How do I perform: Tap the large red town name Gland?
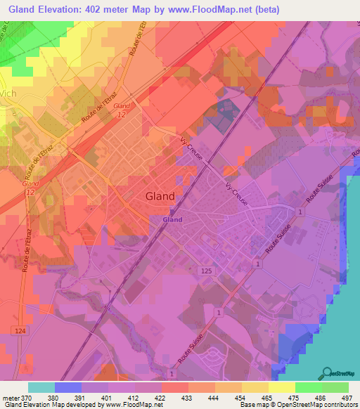[x=160, y=197]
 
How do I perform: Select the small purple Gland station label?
[x=172, y=219]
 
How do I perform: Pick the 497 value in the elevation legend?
[x=347, y=398]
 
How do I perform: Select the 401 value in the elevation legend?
[x=107, y=398]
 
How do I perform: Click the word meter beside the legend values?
[x=10, y=398]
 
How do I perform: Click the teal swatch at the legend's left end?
[x=41, y=387]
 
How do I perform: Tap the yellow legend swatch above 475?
[x=281, y=387]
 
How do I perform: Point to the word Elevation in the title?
[x=70, y=10]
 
